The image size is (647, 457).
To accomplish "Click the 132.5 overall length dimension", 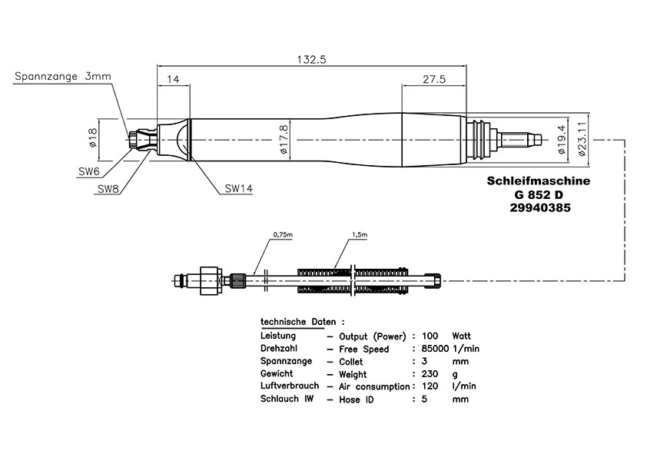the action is pos(311,60).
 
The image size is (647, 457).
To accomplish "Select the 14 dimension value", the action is pos(174,79).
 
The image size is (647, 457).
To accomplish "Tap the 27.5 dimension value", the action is pos(434,79).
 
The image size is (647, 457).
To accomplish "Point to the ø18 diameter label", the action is pos(92,137).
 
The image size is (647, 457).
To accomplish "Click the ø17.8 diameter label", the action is pos(284,140).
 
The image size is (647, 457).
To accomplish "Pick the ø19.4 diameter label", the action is pos(561,140).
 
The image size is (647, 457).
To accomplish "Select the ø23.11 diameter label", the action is pos(582,139).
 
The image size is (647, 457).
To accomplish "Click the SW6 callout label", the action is pos(89,171).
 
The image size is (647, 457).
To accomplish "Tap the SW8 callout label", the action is pos(108,189).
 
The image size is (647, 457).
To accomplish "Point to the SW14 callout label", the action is pos(238,188).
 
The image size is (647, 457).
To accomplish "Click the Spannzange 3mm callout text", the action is pos(63,76).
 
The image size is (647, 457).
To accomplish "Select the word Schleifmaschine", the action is pos(539,180).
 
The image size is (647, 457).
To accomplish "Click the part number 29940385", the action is pos(540,207).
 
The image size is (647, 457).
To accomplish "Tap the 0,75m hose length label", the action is pos(283,235).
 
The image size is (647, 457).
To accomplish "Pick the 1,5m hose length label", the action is pos(360,235).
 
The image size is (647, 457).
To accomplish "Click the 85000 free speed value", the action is pos(435,349).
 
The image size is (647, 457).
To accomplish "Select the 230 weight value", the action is pos(430,374).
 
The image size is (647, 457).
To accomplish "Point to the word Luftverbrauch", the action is pos(290,386).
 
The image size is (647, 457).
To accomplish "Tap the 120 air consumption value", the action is pos(430,386).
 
